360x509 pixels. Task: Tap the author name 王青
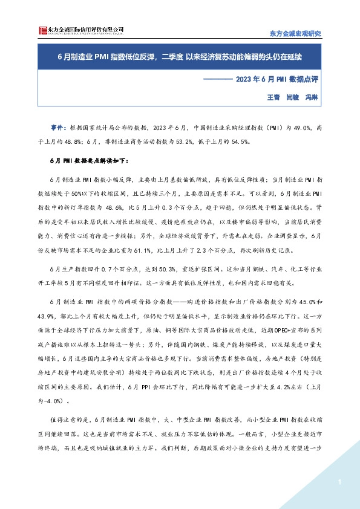[x=273, y=96]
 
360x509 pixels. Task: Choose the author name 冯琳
[x=311, y=96]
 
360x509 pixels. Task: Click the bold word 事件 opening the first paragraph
[x=57, y=128]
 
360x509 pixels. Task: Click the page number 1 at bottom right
[x=341, y=481]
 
